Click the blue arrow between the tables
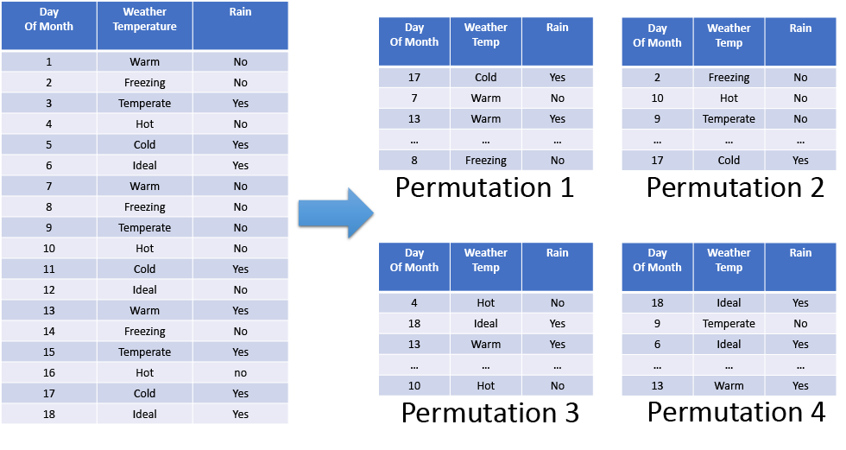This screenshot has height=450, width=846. click(336, 213)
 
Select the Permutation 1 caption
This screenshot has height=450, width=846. click(484, 187)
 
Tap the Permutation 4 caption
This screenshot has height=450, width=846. click(736, 412)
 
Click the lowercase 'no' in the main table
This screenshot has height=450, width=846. click(240, 373)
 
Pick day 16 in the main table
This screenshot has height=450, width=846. click(49, 373)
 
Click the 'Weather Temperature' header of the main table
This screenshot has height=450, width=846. click(145, 19)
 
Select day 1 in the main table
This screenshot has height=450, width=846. click(49, 62)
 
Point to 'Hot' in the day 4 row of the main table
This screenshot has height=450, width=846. click(145, 124)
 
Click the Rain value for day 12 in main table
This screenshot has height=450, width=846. click(240, 289)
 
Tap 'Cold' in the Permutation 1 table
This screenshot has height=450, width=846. click(485, 78)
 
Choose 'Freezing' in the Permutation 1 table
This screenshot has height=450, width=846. click(485, 161)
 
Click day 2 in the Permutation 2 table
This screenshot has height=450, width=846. click(657, 78)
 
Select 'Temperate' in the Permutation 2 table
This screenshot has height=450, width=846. click(729, 119)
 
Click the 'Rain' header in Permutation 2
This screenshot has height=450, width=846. click(800, 28)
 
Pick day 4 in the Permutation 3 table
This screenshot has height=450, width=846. click(414, 303)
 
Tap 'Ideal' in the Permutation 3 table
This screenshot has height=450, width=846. click(485, 324)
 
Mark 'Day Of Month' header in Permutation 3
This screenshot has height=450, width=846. click(414, 260)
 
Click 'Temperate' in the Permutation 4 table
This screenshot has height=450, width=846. click(729, 324)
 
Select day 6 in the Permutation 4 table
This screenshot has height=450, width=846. click(657, 345)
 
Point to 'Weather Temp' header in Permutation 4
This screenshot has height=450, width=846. click(729, 260)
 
